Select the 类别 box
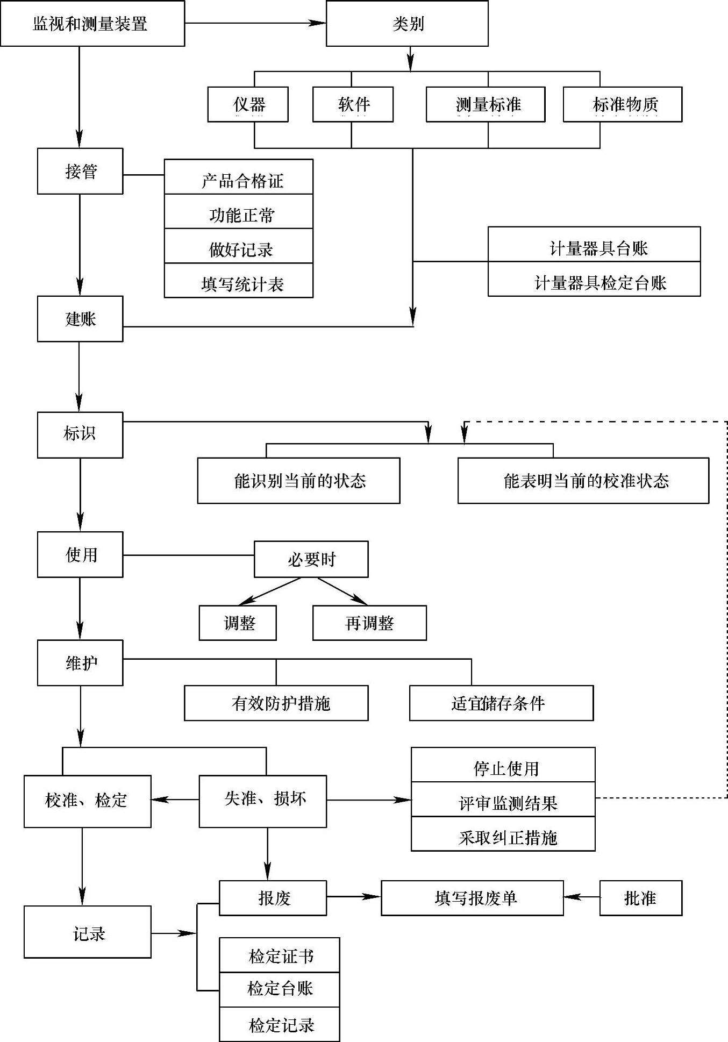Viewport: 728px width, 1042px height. [x=407, y=24]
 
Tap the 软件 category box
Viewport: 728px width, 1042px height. [x=353, y=104]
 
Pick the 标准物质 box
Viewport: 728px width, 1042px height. [x=622, y=104]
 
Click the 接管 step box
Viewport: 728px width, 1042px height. [x=80, y=171]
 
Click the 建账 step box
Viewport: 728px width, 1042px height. [x=80, y=318]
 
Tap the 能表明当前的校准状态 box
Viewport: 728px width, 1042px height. [x=583, y=481]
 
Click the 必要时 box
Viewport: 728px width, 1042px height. [x=311, y=559]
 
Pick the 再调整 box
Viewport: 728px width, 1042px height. [x=369, y=623]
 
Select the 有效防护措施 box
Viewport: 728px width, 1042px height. [x=276, y=703]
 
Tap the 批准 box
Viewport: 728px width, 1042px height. [x=640, y=898]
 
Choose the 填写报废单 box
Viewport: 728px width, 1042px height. [x=472, y=898]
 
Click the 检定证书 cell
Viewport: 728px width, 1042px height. [x=279, y=955]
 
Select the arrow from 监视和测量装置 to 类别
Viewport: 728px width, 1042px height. [x=255, y=23]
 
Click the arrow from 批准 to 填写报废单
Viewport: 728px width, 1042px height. [x=581, y=897]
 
